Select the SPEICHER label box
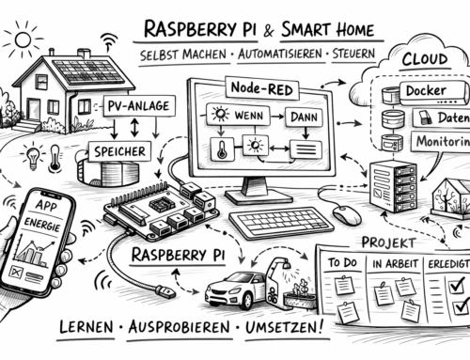pyautogui.click(x=117, y=149)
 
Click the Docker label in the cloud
pyautogui.click(x=423, y=91)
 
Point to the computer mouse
pyautogui.click(x=346, y=215)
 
